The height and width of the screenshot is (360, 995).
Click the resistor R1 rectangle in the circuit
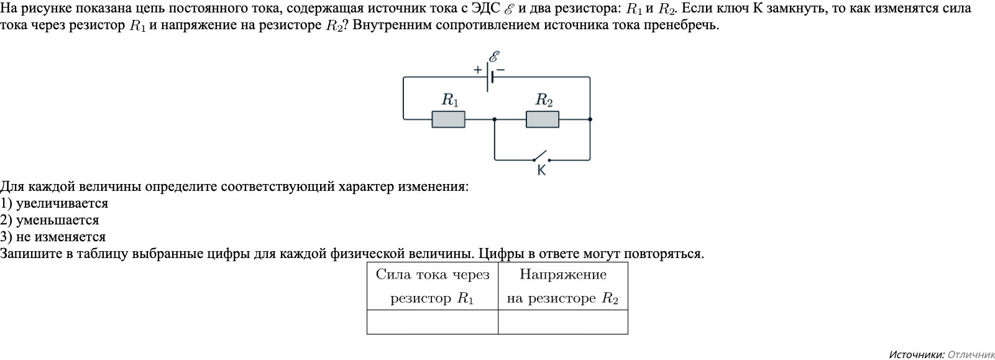[x=448, y=119]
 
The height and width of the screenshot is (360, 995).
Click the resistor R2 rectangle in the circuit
[x=542, y=119]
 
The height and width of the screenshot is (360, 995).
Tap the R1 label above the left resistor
[x=449, y=99]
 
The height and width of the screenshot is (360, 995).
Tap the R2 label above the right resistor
[x=544, y=99]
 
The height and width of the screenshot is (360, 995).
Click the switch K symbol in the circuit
[x=539, y=156]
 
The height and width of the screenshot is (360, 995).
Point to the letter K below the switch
[x=541, y=170]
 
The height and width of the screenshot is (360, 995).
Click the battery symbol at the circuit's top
[x=490, y=77]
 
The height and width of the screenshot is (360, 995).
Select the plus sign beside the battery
[x=477, y=70]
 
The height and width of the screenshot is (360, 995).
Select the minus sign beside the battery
[x=500, y=70]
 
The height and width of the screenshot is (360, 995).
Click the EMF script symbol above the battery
[x=495, y=57]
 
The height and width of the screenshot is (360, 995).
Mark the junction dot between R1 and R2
[x=495, y=119]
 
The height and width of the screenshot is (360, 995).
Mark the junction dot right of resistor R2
[x=590, y=119]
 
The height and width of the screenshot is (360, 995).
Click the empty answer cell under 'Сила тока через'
[x=432, y=322]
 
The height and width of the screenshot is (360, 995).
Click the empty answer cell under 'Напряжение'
[x=562, y=322]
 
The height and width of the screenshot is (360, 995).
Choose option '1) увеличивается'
[x=54, y=203]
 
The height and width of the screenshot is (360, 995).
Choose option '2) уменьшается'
[x=50, y=220]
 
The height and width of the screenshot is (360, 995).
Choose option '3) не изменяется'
[x=53, y=237]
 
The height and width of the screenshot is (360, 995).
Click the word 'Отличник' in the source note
[x=971, y=354]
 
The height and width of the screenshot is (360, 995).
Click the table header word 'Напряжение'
[x=562, y=275]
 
